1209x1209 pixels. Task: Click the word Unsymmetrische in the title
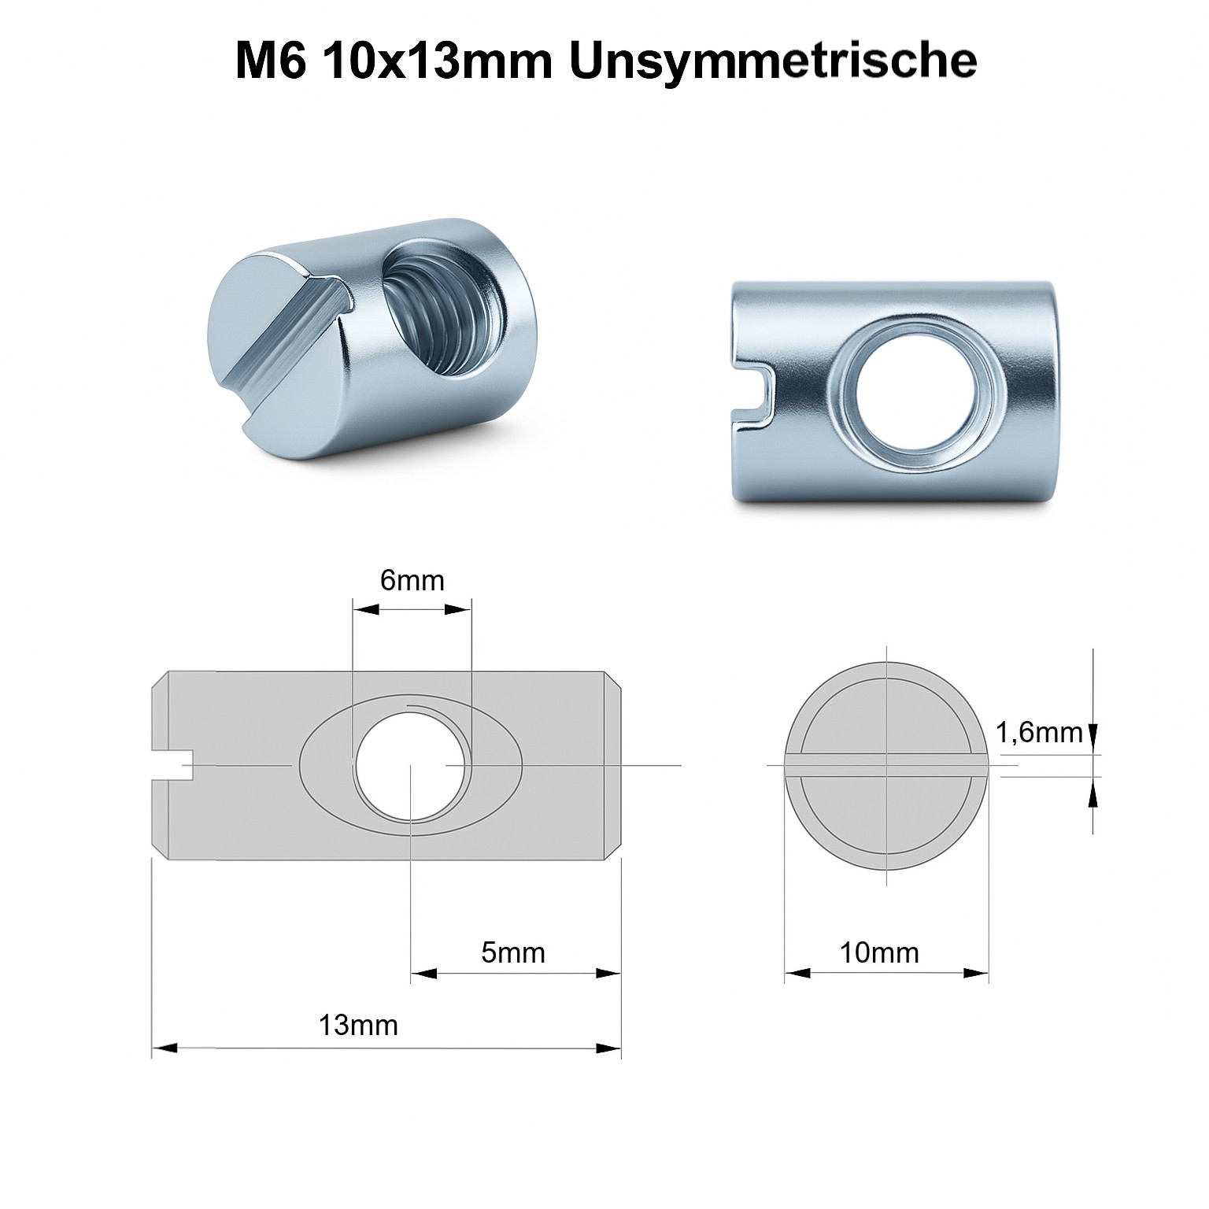tap(772, 61)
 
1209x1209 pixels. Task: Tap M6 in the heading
tap(270, 61)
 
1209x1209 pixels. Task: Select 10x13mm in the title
tap(437, 61)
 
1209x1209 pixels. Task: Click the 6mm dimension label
tap(412, 580)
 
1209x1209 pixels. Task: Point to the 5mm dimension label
tap(512, 952)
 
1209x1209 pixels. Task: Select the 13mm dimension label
tap(358, 1026)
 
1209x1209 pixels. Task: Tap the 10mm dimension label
tap(878, 952)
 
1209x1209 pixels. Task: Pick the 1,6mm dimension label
tap(1039, 733)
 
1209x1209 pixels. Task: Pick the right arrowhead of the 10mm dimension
tap(977, 973)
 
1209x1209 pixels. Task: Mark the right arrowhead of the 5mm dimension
tap(608, 973)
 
